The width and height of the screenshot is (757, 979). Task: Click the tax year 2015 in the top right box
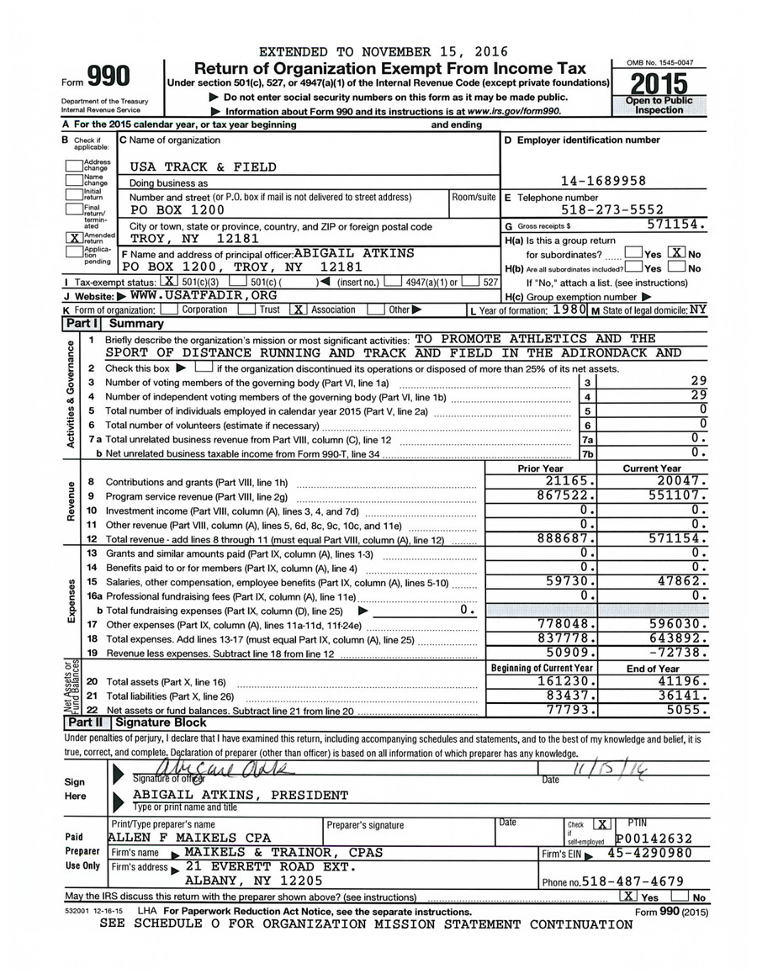tap(659, 84)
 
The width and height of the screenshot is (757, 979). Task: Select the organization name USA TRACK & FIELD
tap(202, 167)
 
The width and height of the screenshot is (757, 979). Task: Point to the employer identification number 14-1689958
tap(603, 181)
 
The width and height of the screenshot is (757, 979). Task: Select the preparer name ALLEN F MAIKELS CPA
tap(190, 838)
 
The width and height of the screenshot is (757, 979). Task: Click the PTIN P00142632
tap(654, 838)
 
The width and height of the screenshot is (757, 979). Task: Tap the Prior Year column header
tap(540, 468)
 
